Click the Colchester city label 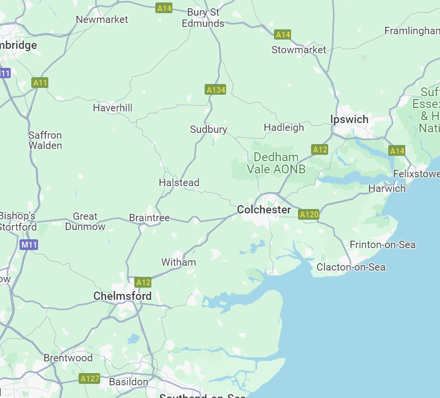pos(264,209)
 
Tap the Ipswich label pos(349,119)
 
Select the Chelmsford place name pos(122,296)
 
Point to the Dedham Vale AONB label pos(276,163)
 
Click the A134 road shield pos(215,90)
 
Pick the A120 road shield pos(309,214)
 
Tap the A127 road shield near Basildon pos(89,378)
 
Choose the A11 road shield pos(40,83)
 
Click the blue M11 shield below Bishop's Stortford pos(29,245)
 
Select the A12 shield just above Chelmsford pos(143,282)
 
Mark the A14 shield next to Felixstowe pos(397,151)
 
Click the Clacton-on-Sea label pos(351,267)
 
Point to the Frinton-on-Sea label pos(382,245)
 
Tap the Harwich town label pos(387,189)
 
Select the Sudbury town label pos(209,129)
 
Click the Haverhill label pos(112,108)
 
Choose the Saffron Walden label pos(45,140)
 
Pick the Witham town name pos(178,262)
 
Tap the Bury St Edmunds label pos(203,18)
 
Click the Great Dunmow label pos(85,221)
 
